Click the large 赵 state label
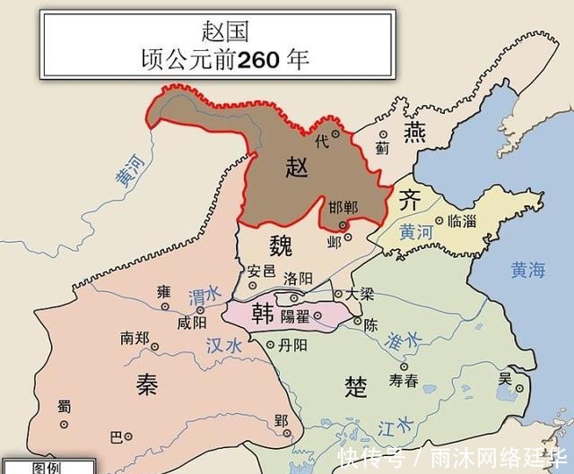click(296, 166)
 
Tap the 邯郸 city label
click(343, 207)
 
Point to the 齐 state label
click(408, 202)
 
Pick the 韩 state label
click(263, 313)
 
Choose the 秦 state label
click(147, 384)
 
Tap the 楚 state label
click(356, 386)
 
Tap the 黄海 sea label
click(527, 268)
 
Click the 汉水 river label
click(224, 345)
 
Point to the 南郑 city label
click(134, 339)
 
